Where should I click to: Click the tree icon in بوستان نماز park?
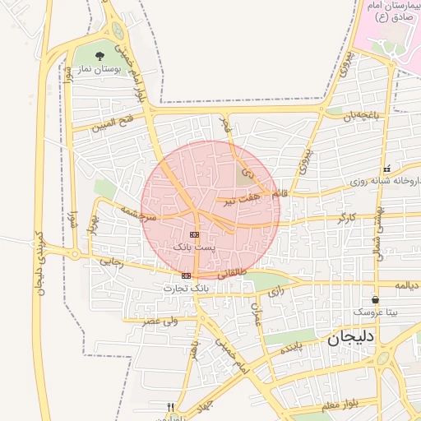pos(99,56)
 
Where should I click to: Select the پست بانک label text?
pos(194,247)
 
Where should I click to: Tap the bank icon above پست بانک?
pos(194,234)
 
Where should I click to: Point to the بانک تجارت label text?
pos(186,288)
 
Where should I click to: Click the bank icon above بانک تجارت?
pos(187,275)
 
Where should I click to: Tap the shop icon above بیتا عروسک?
pos(376,300)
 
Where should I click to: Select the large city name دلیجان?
pos(351,337)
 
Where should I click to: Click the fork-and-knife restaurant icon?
pos(171,406)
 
